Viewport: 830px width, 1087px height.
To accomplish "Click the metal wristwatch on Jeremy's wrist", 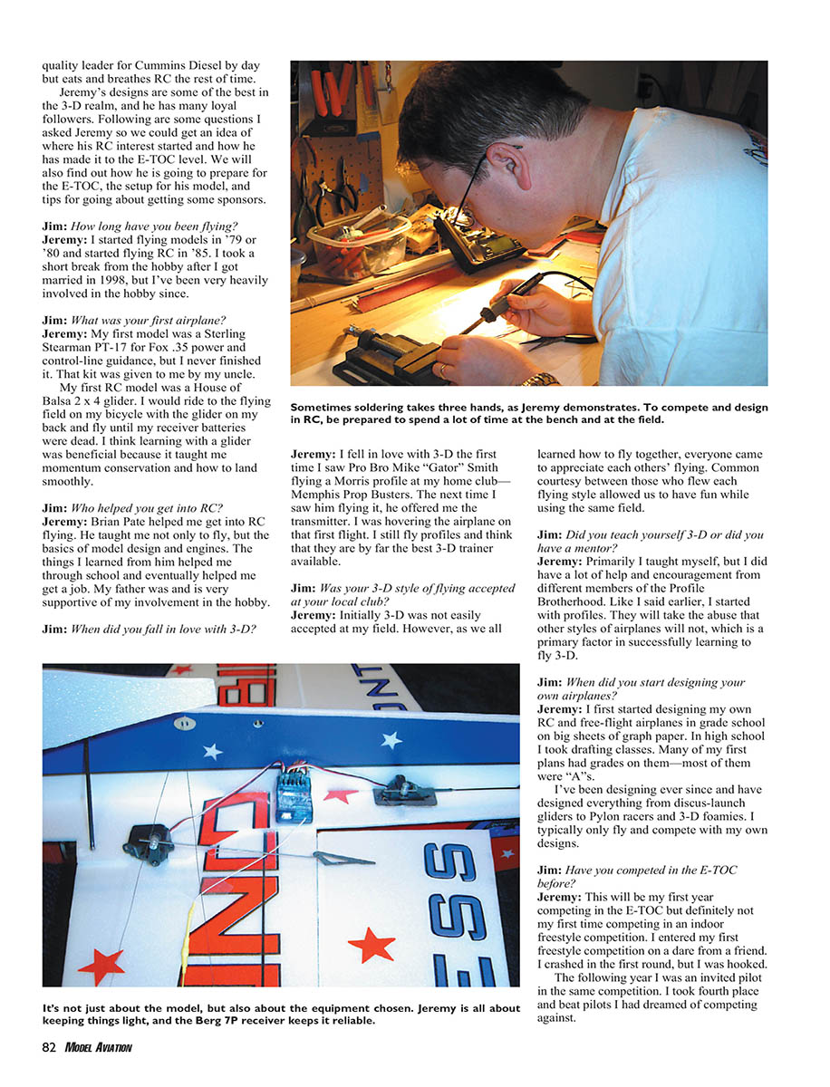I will (x=539, y=379).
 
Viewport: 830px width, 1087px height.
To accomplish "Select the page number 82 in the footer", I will (x=49, y=1047).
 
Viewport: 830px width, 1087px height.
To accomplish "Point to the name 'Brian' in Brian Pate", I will (x=109, y=522).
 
